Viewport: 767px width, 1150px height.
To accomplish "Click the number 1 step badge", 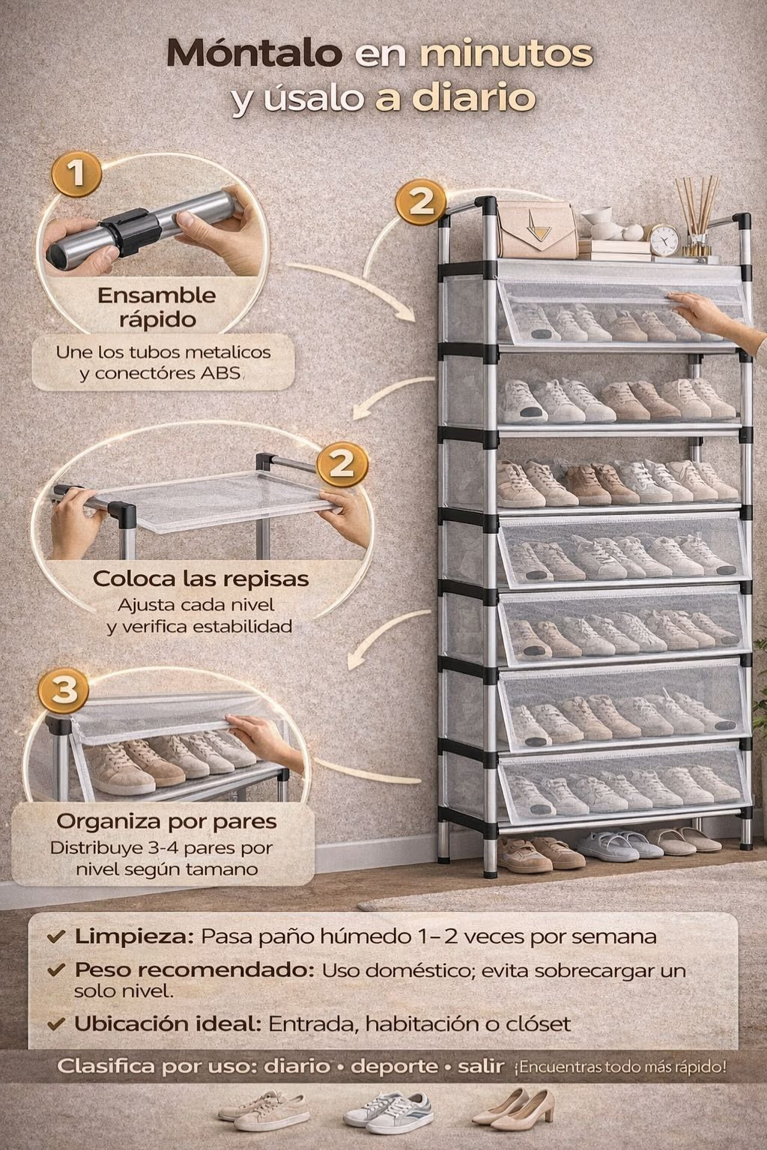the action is [x=76, y=174].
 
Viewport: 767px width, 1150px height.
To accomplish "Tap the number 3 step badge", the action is [x=64, y=690].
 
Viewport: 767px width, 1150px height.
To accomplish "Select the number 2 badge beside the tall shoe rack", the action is [x=421, y=201].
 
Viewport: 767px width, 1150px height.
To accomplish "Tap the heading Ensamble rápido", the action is [x=157, y=307].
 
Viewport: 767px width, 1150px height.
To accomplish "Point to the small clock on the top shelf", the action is [x=664, y=239].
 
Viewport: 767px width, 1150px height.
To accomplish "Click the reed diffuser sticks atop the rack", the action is [x=697, y=216].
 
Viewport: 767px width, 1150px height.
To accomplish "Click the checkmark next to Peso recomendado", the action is [x=55, y=970].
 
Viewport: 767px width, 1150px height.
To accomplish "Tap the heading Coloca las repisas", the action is [x=200, y=579].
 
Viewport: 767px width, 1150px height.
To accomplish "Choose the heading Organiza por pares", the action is [x=167, y=821].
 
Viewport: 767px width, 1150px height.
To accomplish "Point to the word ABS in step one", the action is [x=220, y=374].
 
